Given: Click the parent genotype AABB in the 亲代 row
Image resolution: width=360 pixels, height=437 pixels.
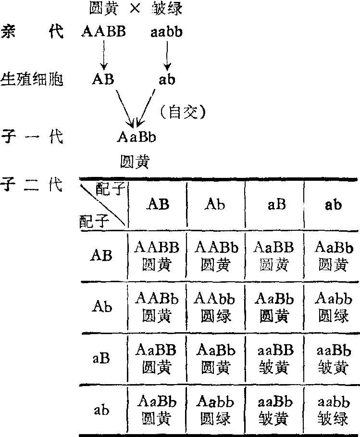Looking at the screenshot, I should (104, 33).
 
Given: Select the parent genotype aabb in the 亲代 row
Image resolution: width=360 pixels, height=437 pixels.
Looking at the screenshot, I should (166, 33).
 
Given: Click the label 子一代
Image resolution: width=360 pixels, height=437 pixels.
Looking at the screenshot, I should (32, 137).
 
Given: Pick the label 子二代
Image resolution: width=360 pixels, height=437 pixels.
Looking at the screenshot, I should (32, 185).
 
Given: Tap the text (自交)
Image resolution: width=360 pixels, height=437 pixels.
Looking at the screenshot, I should (182, 112).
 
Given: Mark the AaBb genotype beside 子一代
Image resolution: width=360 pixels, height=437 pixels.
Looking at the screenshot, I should (137, 137).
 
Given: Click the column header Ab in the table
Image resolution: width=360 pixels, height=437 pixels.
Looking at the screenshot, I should (215, 204).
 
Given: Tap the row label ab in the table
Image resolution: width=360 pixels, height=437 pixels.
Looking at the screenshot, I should (101, 410).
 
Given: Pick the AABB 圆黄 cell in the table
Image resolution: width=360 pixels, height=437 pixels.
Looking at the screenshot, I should (157, 256).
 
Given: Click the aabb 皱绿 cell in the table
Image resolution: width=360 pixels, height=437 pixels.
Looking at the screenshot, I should (333, 410).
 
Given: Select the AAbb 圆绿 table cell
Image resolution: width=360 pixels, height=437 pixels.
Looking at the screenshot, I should (215, 307).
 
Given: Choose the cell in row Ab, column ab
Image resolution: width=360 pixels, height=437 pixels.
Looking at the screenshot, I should (333, 307).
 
